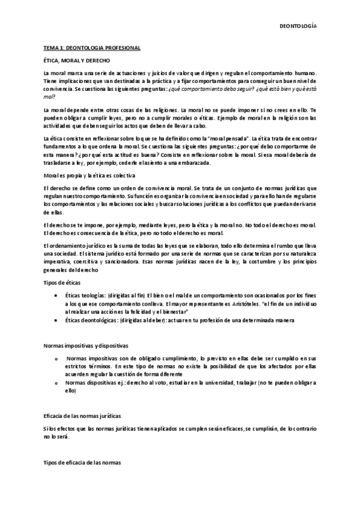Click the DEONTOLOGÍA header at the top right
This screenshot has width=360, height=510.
(299, 26)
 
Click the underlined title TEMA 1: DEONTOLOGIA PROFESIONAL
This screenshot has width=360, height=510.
(88, 48)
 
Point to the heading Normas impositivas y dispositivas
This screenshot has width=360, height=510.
(85, 346)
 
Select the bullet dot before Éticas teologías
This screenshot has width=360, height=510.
(56, 296)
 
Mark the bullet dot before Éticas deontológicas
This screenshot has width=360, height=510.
(56, 320)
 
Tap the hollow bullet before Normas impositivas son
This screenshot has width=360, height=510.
(56, 359)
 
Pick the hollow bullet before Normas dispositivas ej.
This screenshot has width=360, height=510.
(56, 382)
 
